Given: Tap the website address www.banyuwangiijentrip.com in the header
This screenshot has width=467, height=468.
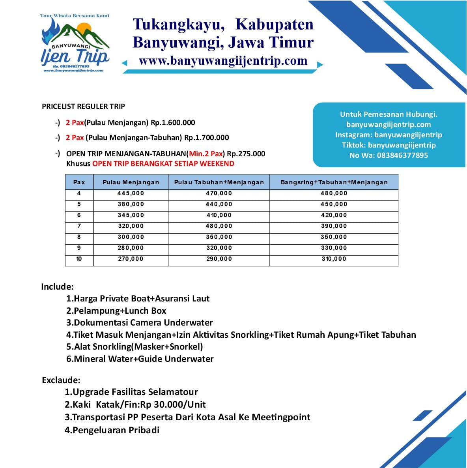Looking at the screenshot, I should (x=223, y=61).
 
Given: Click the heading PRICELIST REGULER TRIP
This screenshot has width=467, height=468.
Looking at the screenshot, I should (x=83, y=107).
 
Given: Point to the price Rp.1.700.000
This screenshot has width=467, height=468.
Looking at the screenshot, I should (x=206, y=138).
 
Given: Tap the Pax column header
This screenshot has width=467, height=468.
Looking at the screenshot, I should (x=79, y=182).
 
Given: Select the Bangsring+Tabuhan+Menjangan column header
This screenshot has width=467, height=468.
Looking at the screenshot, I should (x=334, y=182).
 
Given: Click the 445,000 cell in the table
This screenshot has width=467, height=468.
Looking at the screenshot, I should (x=131, y=193).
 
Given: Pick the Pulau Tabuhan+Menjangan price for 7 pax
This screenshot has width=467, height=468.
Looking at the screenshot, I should (x=219, y=226).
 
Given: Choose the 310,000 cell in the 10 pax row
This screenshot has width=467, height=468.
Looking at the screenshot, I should (x=334, y=259).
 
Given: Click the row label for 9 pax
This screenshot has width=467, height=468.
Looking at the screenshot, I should (x=79, y=248).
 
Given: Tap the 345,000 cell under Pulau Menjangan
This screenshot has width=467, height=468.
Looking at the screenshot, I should (x=131, y=215).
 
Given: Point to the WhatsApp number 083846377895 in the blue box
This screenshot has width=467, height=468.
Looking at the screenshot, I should (x=402, y=155).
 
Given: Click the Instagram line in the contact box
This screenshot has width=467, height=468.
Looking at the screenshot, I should (x=389, y=135).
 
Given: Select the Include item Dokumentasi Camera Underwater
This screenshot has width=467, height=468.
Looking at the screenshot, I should (x=140, y=323).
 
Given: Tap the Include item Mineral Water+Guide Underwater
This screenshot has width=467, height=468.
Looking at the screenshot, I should (x=140, y=359).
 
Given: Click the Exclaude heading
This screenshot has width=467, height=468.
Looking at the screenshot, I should (x=61, y=380).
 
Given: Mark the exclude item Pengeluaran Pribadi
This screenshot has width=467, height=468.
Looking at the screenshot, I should (x=112, y=430).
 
